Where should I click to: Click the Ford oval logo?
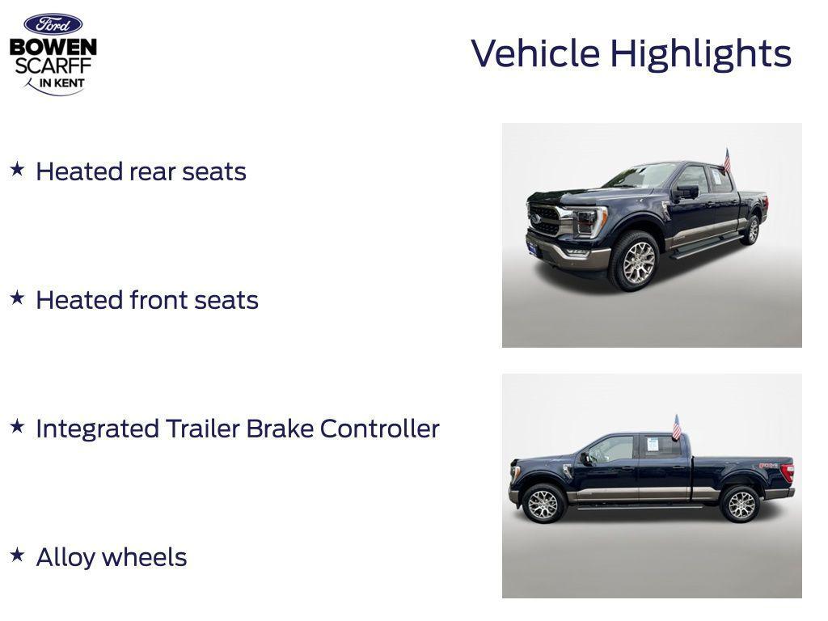pyautogui.click(x=53, y=24)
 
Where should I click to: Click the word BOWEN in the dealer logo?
pyautogui.click(x=53, y=47)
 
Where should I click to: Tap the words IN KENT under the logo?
pyautogui.click(x=61, y=83)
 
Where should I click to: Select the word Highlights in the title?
pyautogui.click(x=700, y=54)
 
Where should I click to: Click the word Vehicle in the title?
pyautogui.click(x=535, y=53)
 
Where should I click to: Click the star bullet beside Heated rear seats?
pyautogui.click(x=17, y=169)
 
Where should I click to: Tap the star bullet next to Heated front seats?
pyautogui.click(x=17, y=298)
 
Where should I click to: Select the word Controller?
pyautogui.click(x=379, y=429)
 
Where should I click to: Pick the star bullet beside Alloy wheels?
pyautogui.click(x=17, y=555)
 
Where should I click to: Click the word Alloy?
pyautogui.click(x=65, y=558)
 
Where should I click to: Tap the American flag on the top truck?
pyautogui.click(x=727, y=159)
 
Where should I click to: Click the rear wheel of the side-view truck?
pyautogui.click(x=740, y=505)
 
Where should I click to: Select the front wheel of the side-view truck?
pyautogui.click(x=543, y=505)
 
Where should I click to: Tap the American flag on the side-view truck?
pyautogui.click(x=677, y=426)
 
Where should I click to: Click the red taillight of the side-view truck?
pyautogui.click(x=788, y=473)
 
